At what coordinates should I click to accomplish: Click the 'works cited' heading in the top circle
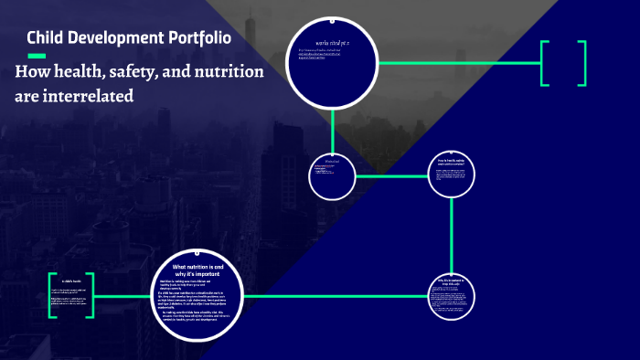click(333, 42)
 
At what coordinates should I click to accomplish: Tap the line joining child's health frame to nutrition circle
click(123, 296)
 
